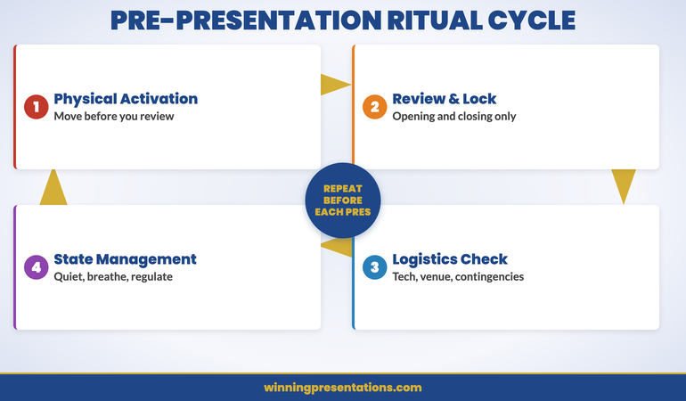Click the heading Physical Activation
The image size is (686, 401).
pos(126,98)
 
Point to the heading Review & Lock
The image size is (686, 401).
pos(444,98)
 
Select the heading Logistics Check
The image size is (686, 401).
pos(450,259)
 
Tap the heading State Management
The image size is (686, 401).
pos(125,259)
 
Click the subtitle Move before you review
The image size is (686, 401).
pos(114,116)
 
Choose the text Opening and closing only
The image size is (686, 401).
pos(454,116)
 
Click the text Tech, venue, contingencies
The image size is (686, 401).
pos(458,276)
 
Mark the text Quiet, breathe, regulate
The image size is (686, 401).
pos(113,276)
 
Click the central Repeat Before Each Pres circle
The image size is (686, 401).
pos(343,200)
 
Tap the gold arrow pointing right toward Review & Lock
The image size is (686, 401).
pos(335,85)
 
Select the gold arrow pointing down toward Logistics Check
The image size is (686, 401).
pos(624,186)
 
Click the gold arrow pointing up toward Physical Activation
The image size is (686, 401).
pos(53,187)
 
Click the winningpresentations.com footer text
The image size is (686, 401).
pos(343,388)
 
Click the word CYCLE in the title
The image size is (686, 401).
pos(535,20)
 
